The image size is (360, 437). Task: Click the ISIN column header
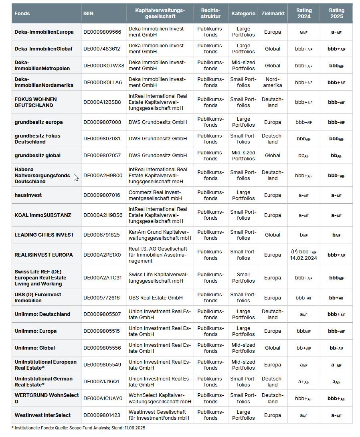[88, 13]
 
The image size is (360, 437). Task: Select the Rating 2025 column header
[336, 13]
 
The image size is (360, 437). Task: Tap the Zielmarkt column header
[273, 13]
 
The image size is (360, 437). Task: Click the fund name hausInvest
[28, 195]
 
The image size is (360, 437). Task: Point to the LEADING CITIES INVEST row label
[44, 235]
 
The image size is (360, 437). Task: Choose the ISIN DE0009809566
[102, 32]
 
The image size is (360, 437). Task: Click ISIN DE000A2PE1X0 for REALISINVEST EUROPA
[102, 255]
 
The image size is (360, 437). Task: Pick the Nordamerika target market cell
[273, 82]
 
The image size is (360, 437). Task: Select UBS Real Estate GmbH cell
[156, 298]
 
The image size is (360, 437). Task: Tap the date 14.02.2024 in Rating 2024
[304, 258]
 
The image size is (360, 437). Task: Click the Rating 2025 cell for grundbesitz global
[336, 156]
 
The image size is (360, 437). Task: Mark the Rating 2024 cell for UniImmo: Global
[303, 348]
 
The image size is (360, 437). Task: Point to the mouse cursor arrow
[76, 177]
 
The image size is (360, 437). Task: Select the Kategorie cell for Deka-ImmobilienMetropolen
[243, 65]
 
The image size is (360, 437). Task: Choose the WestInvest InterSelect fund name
[42, 415]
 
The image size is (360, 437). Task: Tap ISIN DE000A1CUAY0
[103, 399]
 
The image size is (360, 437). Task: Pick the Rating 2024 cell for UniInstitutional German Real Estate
[303, 382]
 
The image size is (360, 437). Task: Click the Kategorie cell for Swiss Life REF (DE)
[243, 278]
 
